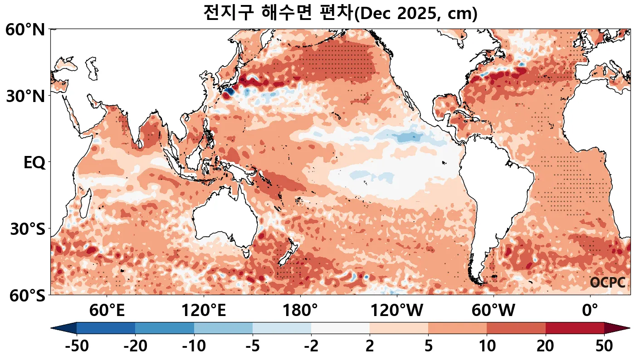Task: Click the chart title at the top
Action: tap(340, 13)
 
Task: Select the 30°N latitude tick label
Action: tap(25, 96)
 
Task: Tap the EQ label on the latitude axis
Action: tap(34, 162)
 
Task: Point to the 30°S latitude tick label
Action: tap(28, 229)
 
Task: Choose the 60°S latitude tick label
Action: tap(25, 296)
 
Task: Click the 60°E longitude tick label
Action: tap(107, 311)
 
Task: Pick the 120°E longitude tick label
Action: tap(203, 311)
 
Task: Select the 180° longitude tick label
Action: tap(300, 311)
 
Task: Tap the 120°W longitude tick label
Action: tap(396, 311)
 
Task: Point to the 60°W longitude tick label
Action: tap(493, 311)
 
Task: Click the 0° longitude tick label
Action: tap(590, 311)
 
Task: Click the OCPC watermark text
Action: tap(607, 282)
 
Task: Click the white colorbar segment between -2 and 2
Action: tap(340, 328)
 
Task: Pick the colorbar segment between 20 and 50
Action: tap(575, 328)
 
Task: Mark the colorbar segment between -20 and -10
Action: tap(165, 328)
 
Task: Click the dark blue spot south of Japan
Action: tap(228, 92)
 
